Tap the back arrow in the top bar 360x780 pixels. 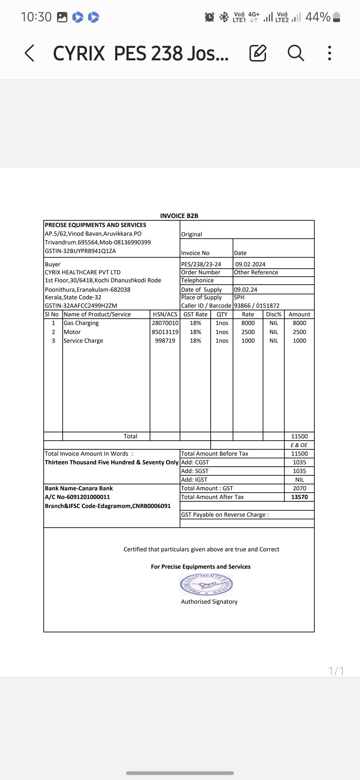pos(30,53)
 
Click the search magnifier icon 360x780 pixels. pos(296,53)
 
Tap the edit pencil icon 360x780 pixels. pos(258,53)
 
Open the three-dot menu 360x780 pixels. pos(329,53)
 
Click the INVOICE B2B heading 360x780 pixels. pos(179,216)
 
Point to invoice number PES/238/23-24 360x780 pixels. pos(201,264)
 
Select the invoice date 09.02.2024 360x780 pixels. pos(250,264)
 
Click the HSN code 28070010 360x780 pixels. pos(165,323)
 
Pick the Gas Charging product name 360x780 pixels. pos(81,323)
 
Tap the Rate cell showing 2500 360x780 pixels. pos(248,332)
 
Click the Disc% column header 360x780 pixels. pos(274,314)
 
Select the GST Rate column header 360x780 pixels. pos(195,314)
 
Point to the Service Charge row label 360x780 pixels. pos(83,341)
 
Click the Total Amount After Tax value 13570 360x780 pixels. pos(299,497)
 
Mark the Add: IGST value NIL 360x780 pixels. pos(299,480)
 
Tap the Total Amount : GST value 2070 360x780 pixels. pos(299,488)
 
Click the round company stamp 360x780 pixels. pos(206,584)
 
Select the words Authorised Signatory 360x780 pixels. pos(209,602)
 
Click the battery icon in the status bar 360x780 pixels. pos(337,17)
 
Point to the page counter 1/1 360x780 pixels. pos(336,671)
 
